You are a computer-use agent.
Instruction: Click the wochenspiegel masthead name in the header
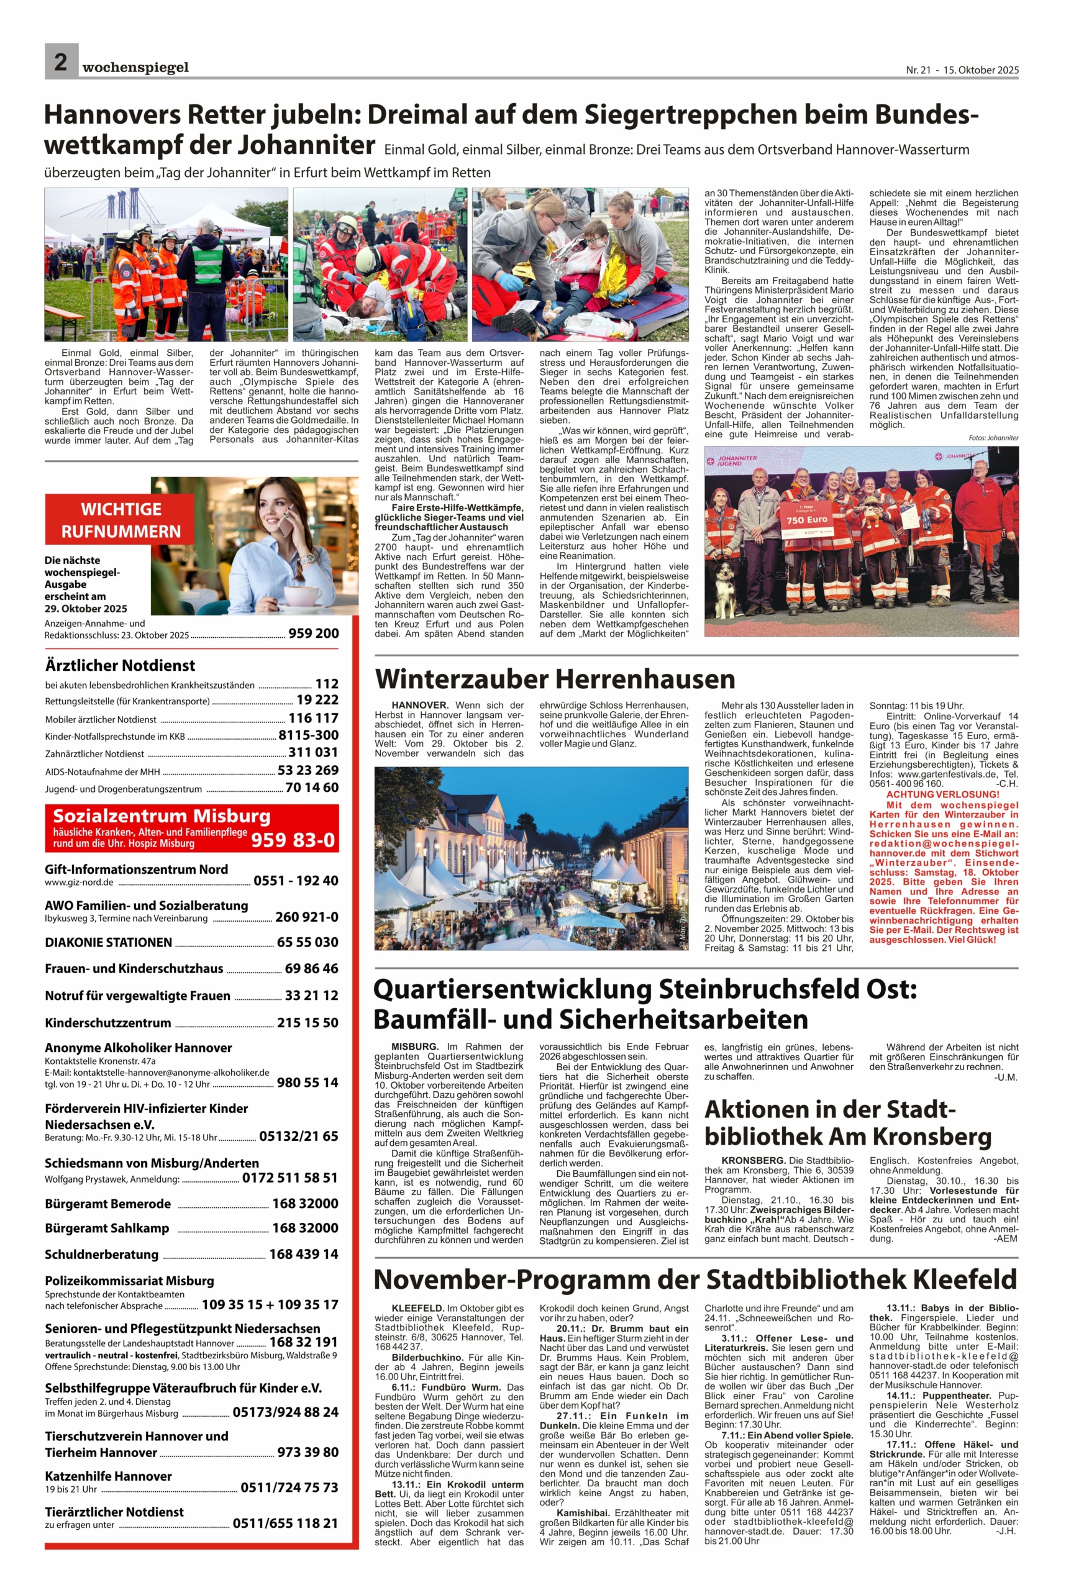click(135, 67)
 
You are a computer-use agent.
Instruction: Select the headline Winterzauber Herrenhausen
click(555, 679)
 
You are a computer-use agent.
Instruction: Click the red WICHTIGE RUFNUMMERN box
click(121, 520)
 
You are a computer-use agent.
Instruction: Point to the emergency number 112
click(326, 684)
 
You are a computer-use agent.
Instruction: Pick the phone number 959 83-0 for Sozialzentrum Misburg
click(293, 840)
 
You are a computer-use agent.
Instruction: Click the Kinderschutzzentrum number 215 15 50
click(307, 1022)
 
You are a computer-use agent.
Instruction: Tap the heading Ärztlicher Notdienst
click(120, 666)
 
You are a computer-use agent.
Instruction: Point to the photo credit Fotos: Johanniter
click(993, 438)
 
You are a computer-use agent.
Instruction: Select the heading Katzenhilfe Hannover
click(108, 1476)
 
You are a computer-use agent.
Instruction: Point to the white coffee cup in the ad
click(302, 596)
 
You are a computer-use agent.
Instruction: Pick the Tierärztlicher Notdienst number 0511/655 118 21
click(285, 1524)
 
